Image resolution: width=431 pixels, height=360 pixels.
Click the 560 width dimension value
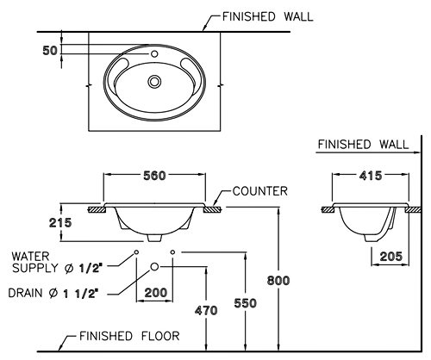pos(154,176)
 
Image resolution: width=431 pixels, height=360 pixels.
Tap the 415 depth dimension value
pos(371,176)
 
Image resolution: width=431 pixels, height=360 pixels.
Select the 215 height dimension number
pos(60,222)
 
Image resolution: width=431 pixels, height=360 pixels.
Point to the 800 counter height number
pos(278,280)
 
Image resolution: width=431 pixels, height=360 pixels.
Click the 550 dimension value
pos(245,303)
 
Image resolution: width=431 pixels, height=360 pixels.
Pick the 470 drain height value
pos(206,311)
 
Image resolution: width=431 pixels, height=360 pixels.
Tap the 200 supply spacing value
pos(155,293)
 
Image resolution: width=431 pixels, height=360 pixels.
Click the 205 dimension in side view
pos(391,257)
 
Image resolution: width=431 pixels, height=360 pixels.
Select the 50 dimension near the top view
pos(50,51)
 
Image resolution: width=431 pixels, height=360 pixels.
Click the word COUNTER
pos(260,191)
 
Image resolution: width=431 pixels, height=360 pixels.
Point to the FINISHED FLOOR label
pos(129,336)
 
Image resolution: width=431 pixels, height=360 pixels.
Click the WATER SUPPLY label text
pos(57,262)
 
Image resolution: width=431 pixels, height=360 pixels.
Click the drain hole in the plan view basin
pos(154,81)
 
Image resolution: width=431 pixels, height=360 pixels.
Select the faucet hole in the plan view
pos(154,53)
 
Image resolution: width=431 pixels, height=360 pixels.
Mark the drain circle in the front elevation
pos(154,267)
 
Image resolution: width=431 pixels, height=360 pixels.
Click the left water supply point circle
pos(136,252)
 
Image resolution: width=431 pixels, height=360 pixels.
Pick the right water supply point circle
pos(172,252)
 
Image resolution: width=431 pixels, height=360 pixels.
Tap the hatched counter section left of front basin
pos(97,210)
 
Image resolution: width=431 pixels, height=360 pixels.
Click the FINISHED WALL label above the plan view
pos(268,17)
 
